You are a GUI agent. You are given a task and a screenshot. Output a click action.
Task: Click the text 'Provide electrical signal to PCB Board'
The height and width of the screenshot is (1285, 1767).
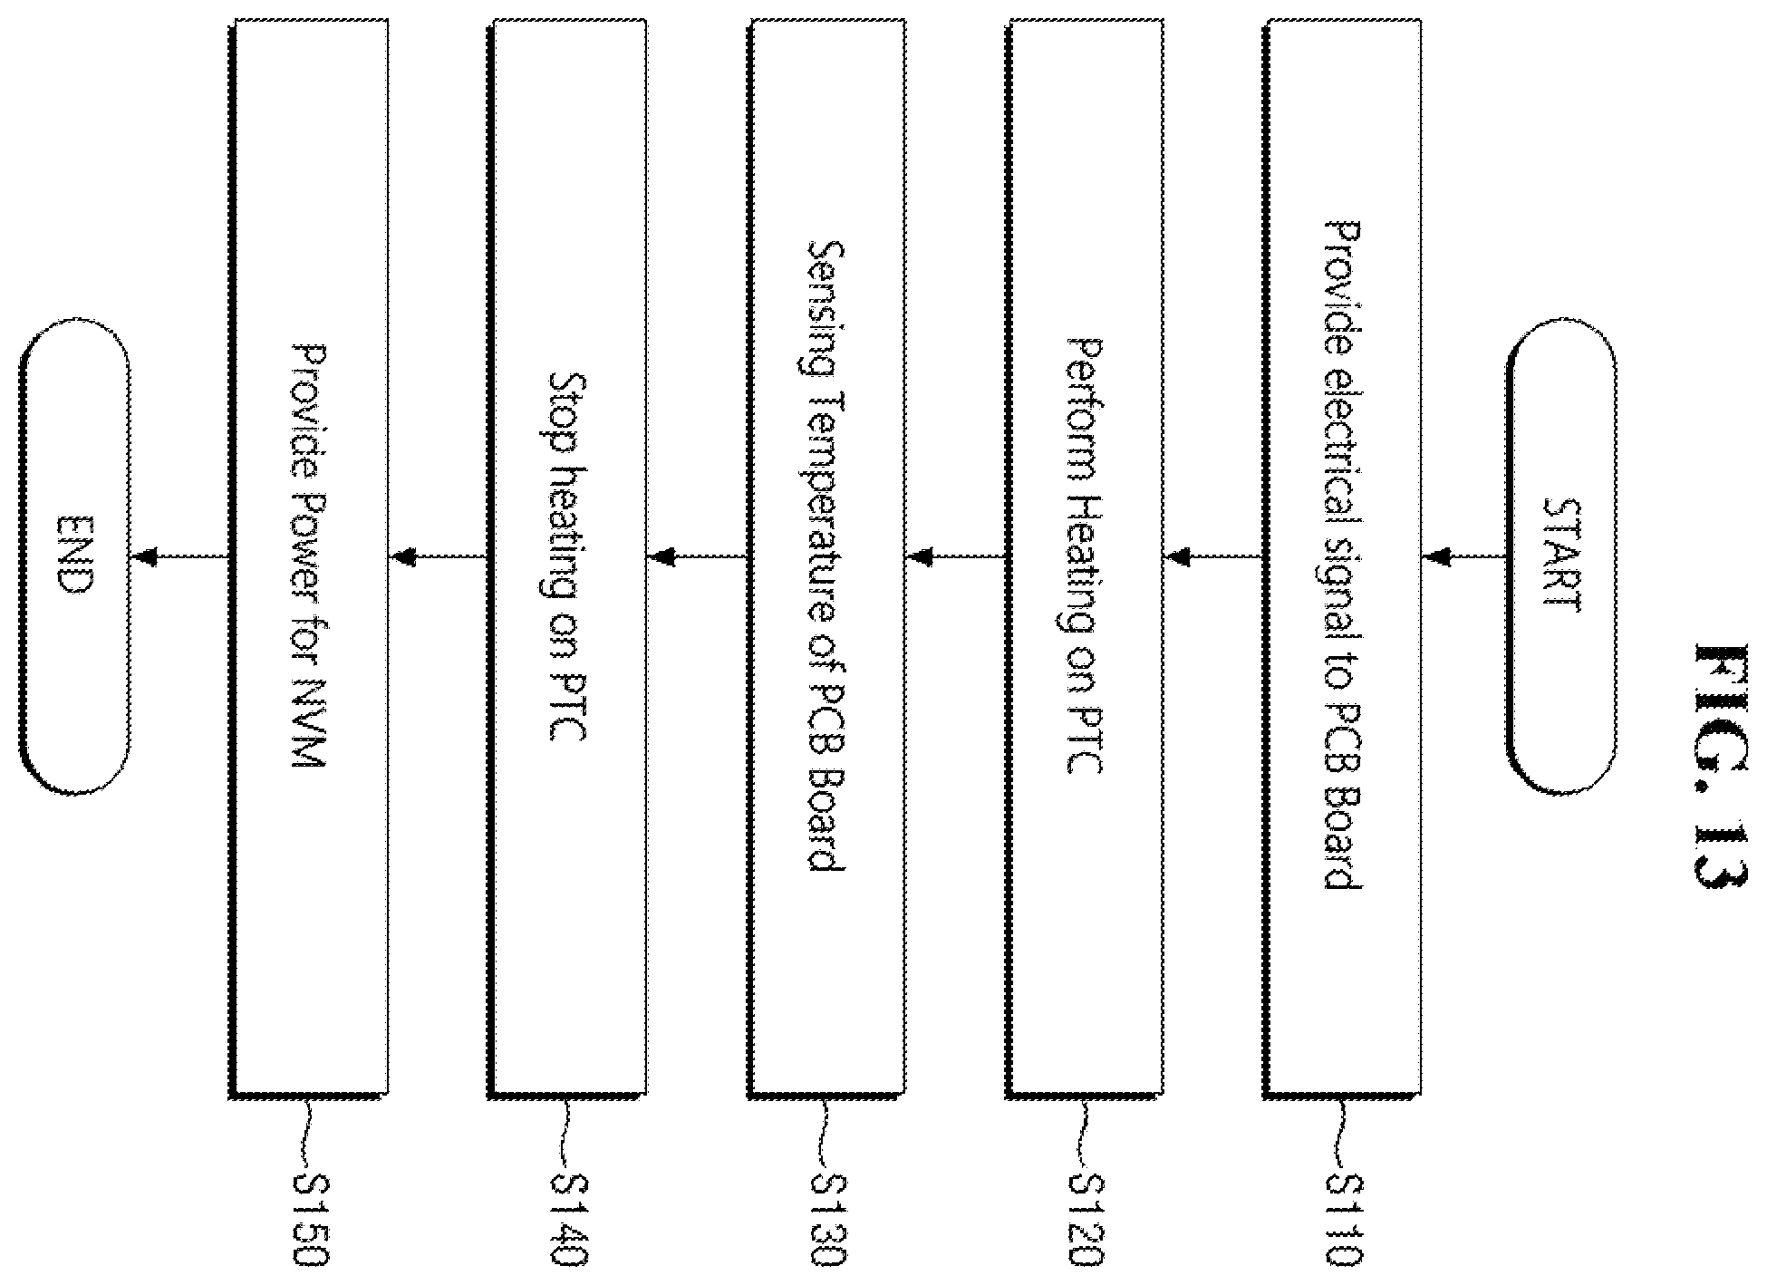click(1342, 555)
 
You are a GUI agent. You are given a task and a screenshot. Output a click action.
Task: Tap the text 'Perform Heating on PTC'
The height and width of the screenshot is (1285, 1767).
click(1084, 557)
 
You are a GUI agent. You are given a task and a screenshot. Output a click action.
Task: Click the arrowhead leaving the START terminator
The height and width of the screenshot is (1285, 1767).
click(1436, 556)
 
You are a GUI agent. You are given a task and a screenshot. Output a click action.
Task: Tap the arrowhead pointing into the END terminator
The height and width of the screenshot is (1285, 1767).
click(144, 556)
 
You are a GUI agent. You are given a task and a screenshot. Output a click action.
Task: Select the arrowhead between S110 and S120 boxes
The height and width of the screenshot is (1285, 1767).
click(1178, 556)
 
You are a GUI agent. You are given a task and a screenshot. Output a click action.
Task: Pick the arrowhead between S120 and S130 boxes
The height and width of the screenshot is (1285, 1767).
click(921, 556)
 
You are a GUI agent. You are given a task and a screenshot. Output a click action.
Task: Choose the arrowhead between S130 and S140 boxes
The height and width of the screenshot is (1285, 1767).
click(663, 556)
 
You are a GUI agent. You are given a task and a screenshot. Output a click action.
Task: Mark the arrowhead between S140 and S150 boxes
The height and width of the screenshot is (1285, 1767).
click(402, 556)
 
